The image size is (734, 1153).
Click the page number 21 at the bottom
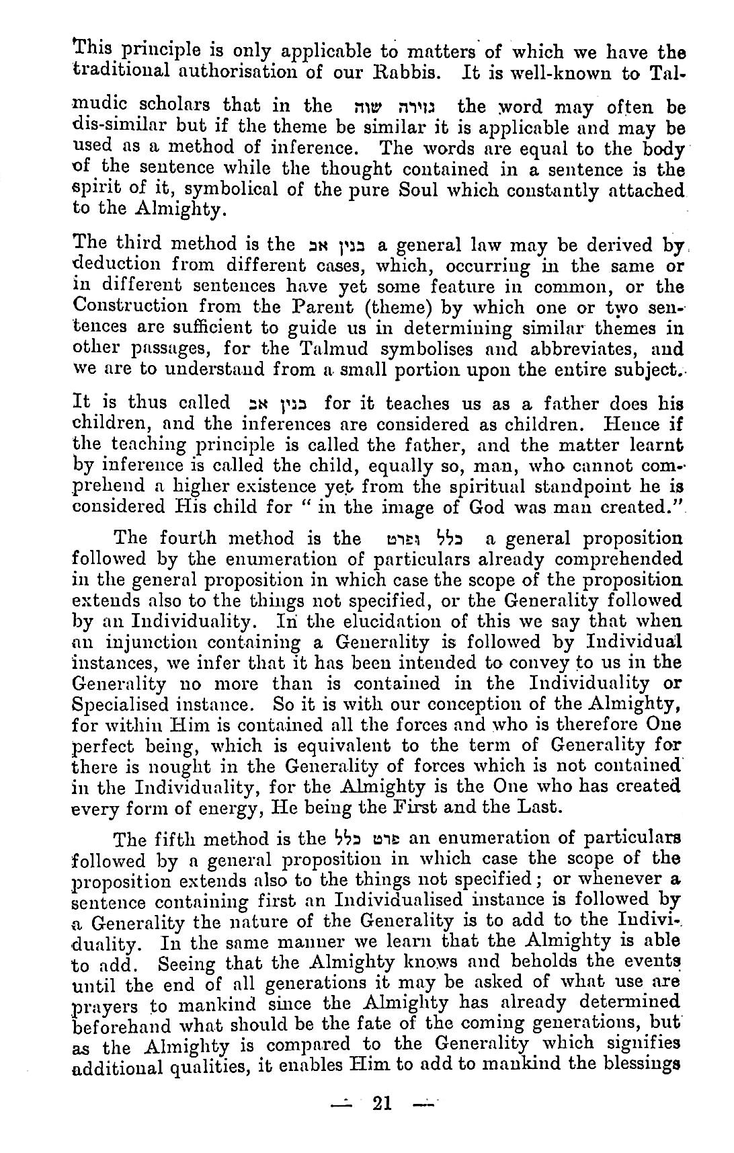tap(380, 1103)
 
